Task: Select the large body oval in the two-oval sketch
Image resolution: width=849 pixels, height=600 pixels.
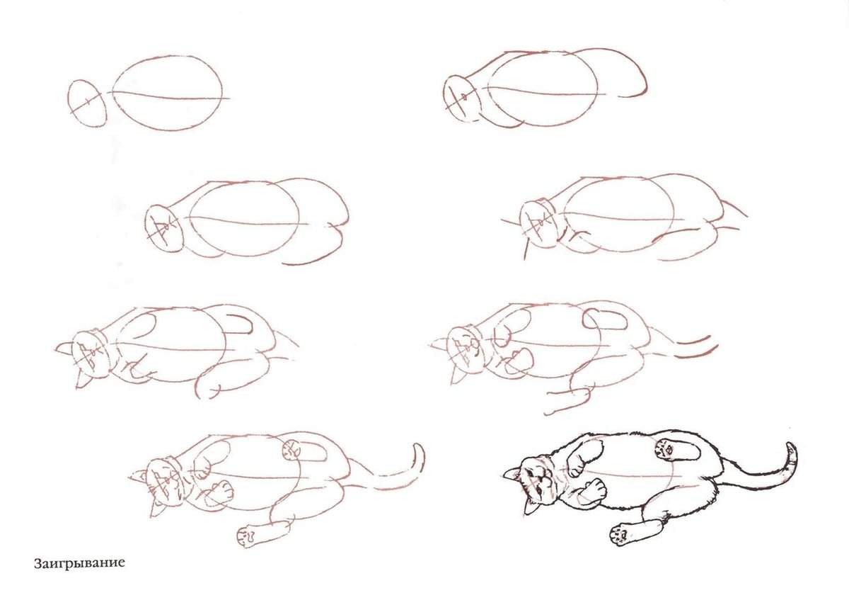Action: click(x=167, y=94)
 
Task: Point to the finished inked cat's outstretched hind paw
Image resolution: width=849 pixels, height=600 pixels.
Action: click(x=621, y=536)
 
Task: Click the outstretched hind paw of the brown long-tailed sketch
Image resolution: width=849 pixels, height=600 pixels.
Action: click(x=247, y=536)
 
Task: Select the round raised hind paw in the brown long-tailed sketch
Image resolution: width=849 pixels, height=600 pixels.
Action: click(x=291, y=450)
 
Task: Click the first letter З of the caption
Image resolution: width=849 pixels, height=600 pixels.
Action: click(x=37, y=563)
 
